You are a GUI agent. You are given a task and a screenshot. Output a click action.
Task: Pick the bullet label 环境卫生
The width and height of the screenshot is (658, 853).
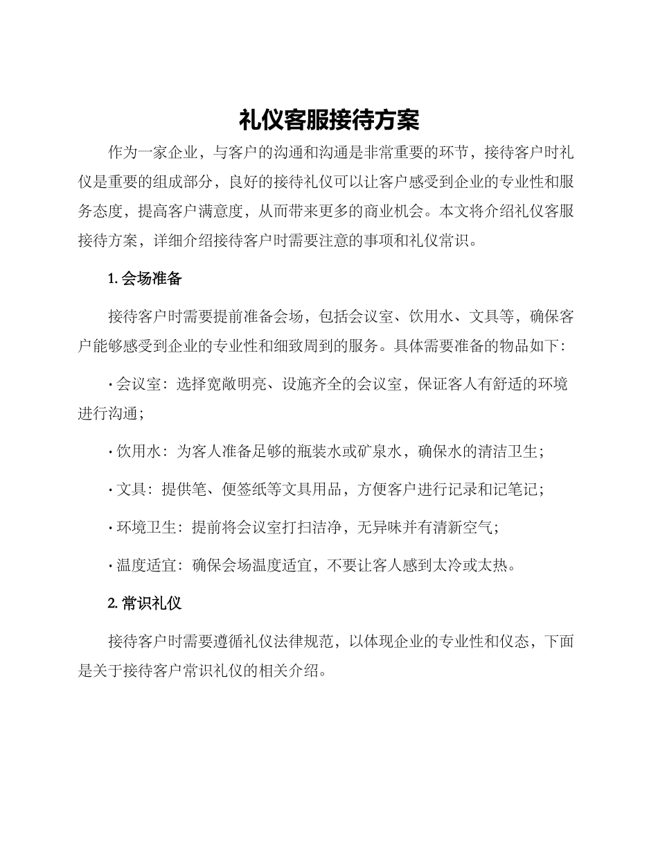(x=147, y=527)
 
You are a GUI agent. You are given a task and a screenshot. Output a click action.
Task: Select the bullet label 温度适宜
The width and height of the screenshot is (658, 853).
(x=147, y=565)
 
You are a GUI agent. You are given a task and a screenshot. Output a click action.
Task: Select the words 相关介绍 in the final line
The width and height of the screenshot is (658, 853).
(x=283, y=671)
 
